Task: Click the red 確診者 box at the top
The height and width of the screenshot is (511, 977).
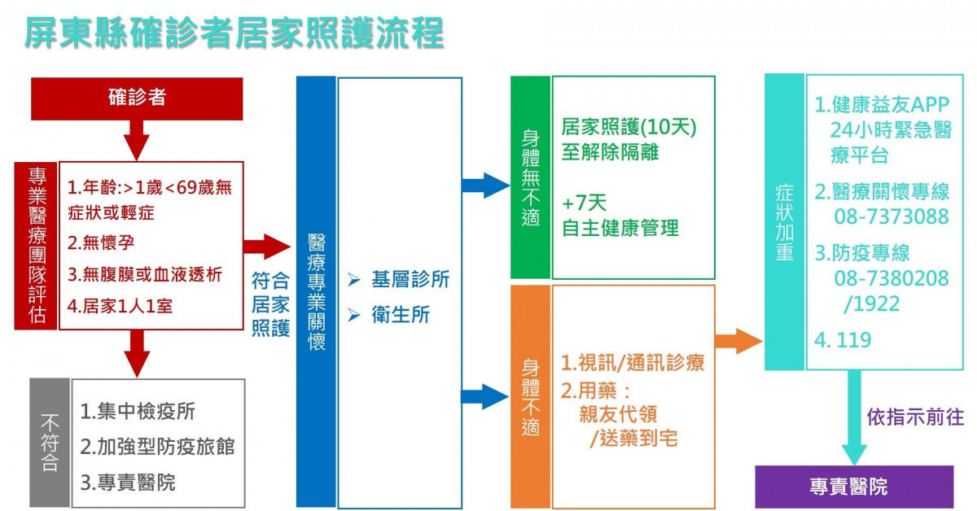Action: [x=137, y=98]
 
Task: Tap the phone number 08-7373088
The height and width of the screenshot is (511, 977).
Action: [x=891, y=216]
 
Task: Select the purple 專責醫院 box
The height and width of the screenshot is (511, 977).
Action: [x=853, y=487]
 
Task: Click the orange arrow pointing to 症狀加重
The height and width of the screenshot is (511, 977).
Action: [x=738, y=341]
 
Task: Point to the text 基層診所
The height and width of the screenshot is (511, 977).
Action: [x=410, y=280]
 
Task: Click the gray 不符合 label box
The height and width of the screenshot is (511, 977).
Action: [x=50, y=443]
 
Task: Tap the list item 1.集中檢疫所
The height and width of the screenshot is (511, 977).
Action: [x=138, y=411]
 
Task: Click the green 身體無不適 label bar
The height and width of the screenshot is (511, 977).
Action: [x=530, y=177]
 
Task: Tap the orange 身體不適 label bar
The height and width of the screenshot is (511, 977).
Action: [x=530, y=396]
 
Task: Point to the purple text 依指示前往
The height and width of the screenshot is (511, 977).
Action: [x=915, y=417]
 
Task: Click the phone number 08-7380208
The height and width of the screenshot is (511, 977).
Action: [x=891, y=279]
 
